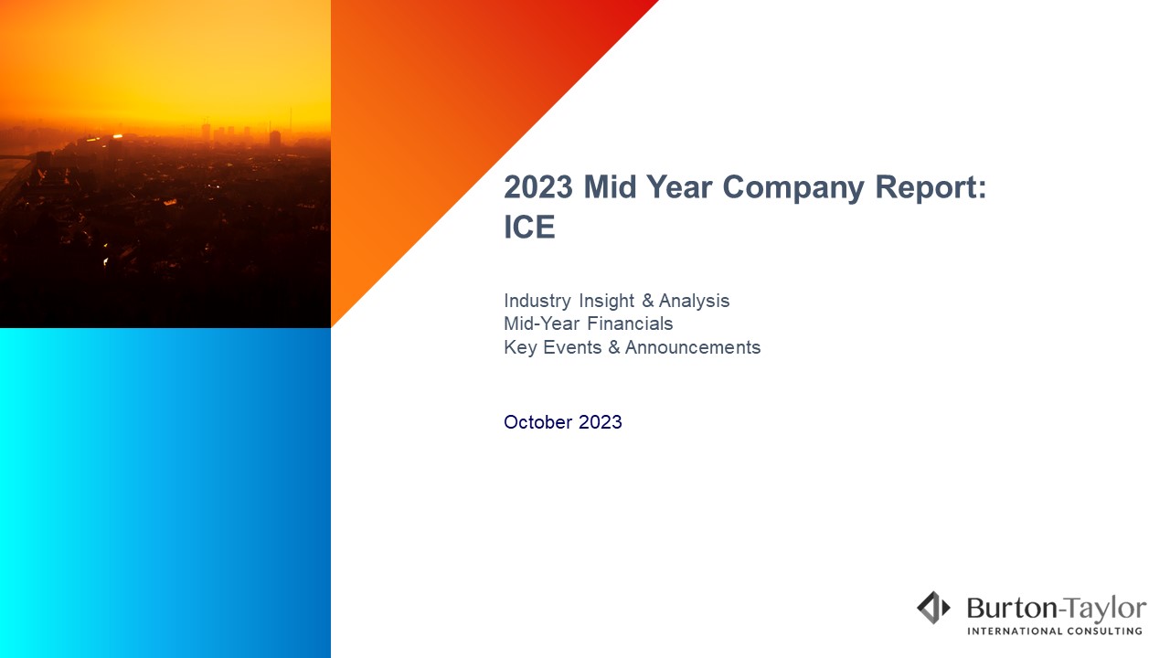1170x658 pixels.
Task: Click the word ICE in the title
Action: coord(529,227)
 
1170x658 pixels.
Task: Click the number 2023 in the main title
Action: coord(538,186)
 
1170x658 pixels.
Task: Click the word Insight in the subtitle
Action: coord(606,302)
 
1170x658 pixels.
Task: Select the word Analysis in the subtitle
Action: coord(694,302)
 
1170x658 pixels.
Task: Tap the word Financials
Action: coord(630,324)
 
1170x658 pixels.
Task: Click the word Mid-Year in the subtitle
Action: coord(542,324)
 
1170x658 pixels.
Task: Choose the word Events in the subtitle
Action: coord(572,347)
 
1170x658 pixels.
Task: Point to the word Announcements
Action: coord(693,347)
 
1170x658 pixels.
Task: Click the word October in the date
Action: coord(538,422)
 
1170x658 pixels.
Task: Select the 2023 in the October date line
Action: coord(601,422)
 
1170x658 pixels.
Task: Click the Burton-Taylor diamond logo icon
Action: coord(933,608)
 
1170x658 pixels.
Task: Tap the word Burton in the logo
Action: coord(1012,609)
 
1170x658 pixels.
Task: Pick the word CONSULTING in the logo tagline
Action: coord(1104,631)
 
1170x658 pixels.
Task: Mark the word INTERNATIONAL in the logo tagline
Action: coord(1015,631)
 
